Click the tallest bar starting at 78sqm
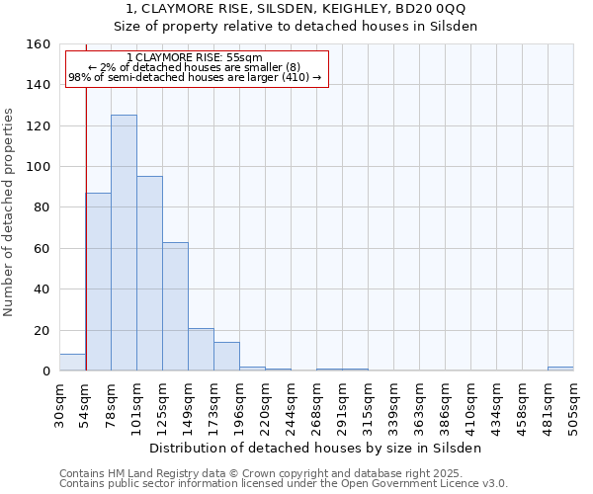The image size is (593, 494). point(124,243)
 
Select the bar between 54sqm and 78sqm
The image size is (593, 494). point(98,282)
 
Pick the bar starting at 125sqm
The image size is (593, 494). point(175,306)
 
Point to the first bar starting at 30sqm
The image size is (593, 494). point(72,363)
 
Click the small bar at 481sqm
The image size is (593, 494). point(560,369)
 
